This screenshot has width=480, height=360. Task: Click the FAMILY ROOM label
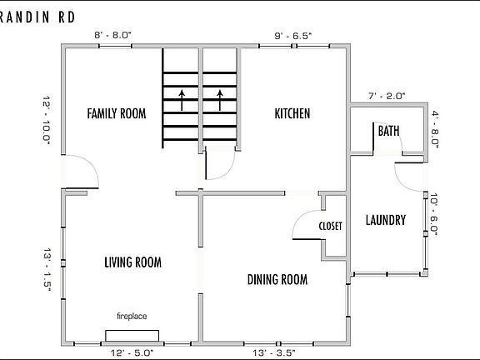pyautogui.click(x=117, y=113)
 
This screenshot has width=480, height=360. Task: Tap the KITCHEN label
pyautogui.click(x=292, y=113)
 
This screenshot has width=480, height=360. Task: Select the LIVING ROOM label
pyautogui.click(x=132, y=262)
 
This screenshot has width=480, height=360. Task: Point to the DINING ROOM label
pyautogui.click(x=277, y=279)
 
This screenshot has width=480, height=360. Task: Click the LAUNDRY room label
pyautogui.click(x=386, y=220)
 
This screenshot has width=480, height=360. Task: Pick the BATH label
pyautogui.click(x=389, y=131)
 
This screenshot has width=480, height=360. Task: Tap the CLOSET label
pyautogui.click(x=330, y=226)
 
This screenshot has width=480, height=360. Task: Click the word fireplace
pyautogui.click(x=132, y=316)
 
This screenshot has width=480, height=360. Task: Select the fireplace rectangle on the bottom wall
pyautogui.click(x=132, y=336)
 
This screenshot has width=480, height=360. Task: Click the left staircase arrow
pyautogui.click(x=182, y=100)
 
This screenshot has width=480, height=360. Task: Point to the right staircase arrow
pyautogui.click(x=220, y=100)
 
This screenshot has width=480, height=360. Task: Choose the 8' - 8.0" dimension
pyautogui.click(x=112, y=35)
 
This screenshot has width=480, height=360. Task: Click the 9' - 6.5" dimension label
pyautogui.click(x=293, y=36)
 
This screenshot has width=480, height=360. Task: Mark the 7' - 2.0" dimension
pyautogui.click(x=387, y=96)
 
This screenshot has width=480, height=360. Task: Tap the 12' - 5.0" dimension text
pyautogui.click(x=132, y=353)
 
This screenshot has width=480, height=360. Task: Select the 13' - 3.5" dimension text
pyautogui.click(x=274, y=353)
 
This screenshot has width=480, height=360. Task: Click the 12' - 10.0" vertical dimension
pyautogui.click(x=46, y=119)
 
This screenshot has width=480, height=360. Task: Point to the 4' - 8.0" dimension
pyautogui.click(x=435, y=130)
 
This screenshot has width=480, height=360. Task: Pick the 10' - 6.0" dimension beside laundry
pyautogui.click(x=434, y=215)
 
